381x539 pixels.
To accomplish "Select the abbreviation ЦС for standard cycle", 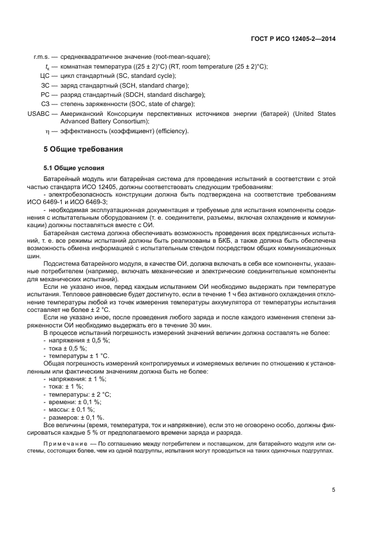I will tap(44, 76).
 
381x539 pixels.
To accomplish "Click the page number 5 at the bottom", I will tap(333, 490).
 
